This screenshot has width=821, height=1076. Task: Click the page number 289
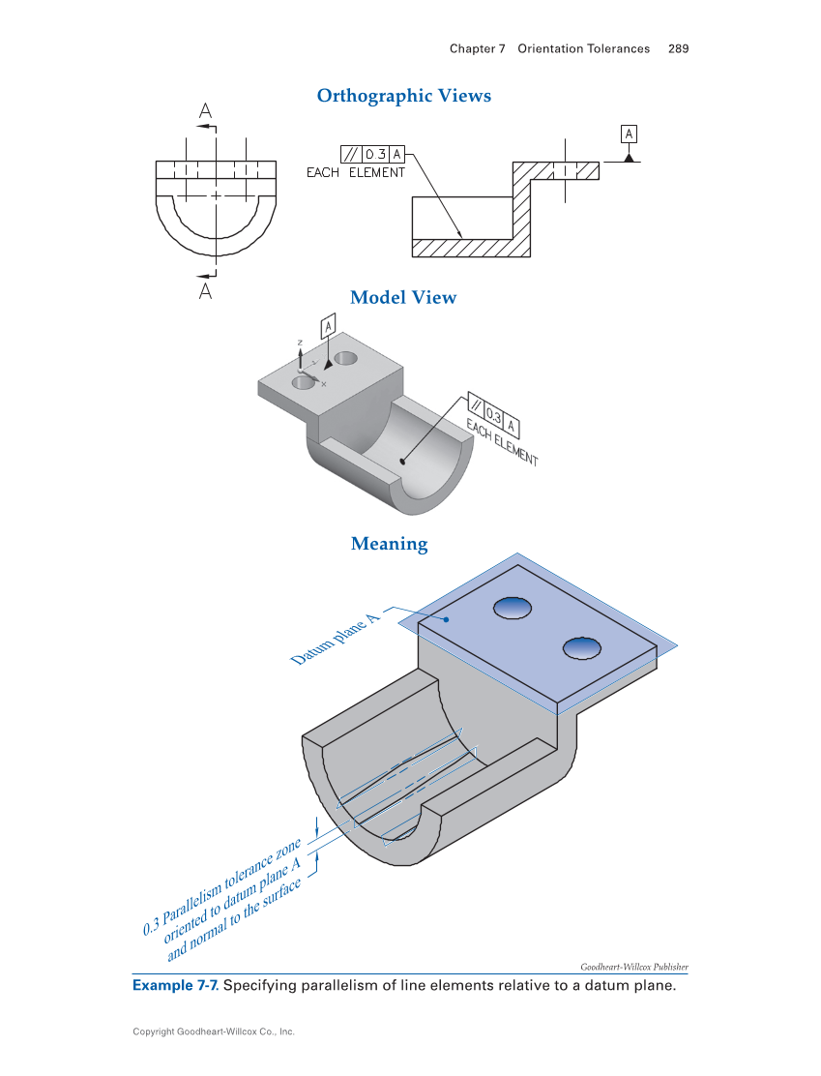pos(678,48)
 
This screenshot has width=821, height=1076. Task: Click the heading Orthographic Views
pos(404,96)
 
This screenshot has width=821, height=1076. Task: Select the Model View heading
pos(403,297)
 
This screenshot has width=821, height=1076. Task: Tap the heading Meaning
pos(389,544)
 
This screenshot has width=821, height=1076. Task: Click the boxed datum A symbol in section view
pos(630,133)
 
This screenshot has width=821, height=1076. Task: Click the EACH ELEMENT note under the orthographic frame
pos(355,173)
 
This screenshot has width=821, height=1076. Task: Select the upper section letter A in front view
pos(205,112)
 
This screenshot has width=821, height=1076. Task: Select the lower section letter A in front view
pos(205,289)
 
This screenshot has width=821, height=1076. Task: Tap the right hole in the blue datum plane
pos(580,646)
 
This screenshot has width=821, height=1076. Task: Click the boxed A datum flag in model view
pos(329,326)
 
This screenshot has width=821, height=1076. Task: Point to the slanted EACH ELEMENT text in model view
pos(501,443)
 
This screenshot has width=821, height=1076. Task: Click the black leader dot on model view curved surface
pos(403,461)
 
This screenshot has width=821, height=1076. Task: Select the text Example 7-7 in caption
pos(174,986)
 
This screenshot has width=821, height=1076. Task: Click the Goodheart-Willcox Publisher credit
pos(633,966)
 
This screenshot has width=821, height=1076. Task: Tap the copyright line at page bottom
pos(214,1031)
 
